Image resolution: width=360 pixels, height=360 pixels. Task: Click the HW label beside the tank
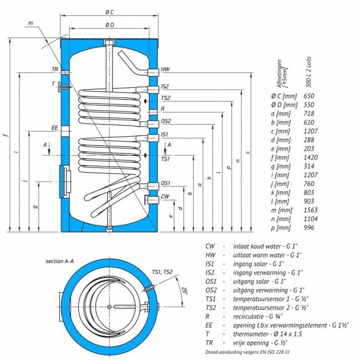(165, 69)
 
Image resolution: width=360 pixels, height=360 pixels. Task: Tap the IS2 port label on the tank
(165, 86)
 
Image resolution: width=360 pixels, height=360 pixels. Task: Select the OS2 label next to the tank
(166, 121)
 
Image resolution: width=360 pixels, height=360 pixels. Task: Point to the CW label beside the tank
(165, 196)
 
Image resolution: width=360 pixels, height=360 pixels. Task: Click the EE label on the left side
(55, 127)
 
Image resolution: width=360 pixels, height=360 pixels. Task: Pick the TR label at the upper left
(55, 69)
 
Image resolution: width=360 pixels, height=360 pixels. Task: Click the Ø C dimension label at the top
(110, 12)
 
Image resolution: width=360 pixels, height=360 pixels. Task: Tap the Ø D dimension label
(110, 25)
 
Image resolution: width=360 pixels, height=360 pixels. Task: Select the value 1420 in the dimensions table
(311, 157)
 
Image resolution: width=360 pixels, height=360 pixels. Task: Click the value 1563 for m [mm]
(311, 210)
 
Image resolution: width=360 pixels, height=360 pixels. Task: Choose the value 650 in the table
(309, 96)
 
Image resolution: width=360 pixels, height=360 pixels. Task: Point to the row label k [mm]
(280, 193)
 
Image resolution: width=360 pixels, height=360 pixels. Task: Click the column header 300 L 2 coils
(309, 72)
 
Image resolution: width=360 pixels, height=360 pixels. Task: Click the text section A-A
(60, 261)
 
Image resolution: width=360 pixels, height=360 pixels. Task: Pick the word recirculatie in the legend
(249, 316)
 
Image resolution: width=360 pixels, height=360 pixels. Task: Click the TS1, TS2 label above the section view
(162, 272)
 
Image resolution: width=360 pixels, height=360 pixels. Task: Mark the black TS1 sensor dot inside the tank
(145, 156)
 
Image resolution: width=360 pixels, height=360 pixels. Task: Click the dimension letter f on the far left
(7, 135)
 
